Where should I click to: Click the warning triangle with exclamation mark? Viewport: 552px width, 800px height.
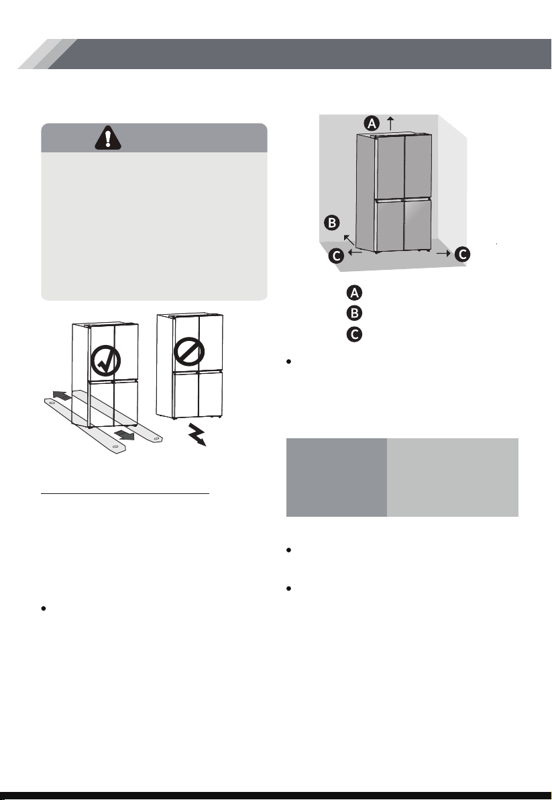tap(107, 138)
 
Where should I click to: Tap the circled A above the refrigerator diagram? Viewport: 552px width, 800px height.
tap(372, 123)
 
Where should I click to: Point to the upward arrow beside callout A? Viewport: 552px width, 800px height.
tap(391, 123)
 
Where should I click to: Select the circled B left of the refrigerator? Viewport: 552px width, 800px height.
tap(332, 222)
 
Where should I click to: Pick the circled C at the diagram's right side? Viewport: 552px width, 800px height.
tap(462, 254)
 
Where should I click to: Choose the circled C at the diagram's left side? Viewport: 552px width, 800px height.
tap(337, 255)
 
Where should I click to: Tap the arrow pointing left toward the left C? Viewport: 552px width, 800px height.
tap(355, 252)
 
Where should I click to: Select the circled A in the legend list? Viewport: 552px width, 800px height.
tap(354, 293)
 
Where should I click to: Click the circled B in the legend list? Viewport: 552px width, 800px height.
tap(354, 313)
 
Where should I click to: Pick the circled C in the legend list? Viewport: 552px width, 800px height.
tap(354, 334)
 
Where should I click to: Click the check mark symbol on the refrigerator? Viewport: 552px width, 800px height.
tap(106, 361)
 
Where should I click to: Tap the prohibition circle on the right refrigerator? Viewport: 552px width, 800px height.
tap(189, 352)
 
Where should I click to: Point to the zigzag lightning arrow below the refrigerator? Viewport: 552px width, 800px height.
tap(197, 435)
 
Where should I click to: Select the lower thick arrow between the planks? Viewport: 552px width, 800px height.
tap(124, 435)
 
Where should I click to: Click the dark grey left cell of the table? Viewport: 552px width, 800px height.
tap(337, 477)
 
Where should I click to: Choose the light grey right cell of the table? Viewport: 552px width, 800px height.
tap(453, 477)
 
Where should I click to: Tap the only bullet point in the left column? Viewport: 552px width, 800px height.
tap(44, 609)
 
